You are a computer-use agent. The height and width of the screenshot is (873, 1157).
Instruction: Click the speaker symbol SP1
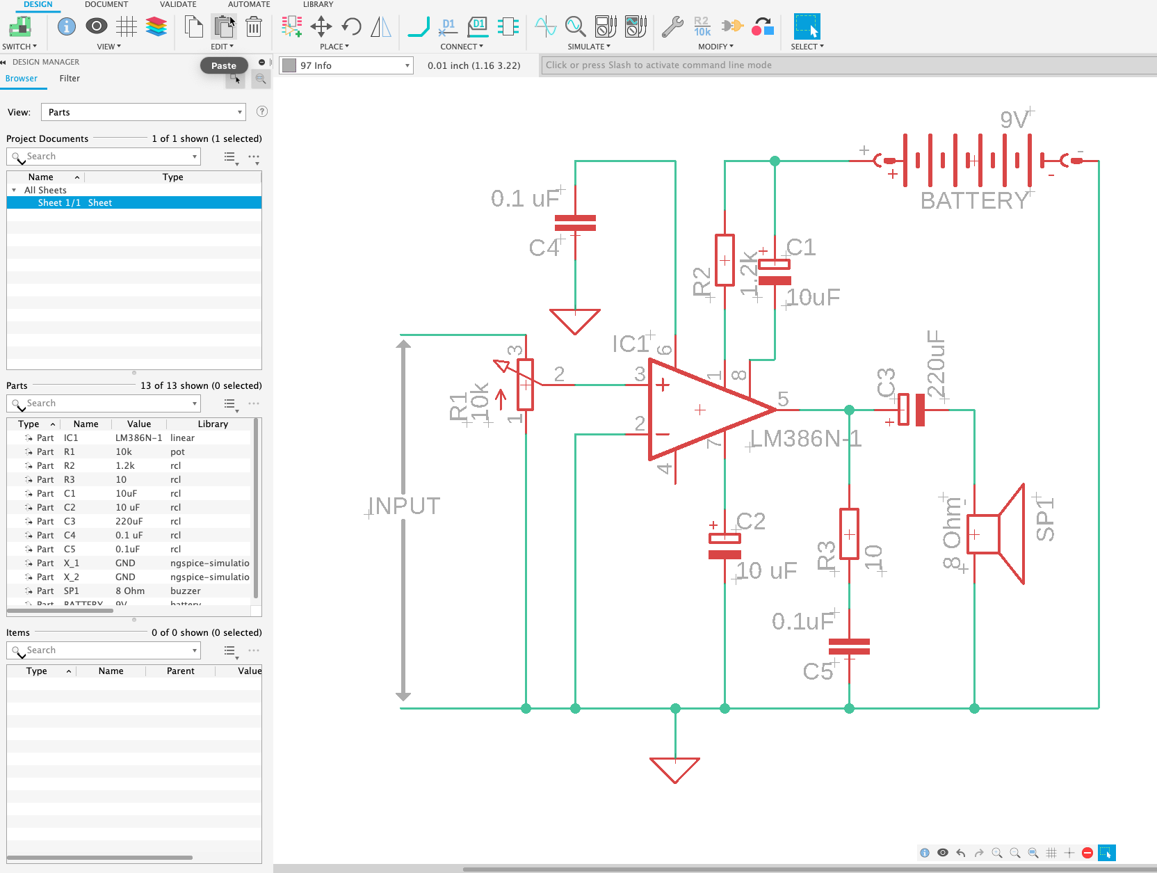(994, 534)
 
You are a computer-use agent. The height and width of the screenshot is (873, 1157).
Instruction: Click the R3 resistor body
(849, 534)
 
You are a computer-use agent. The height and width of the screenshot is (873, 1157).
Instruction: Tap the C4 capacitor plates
(575, 223)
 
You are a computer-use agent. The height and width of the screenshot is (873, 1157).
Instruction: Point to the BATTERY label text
(973, 200)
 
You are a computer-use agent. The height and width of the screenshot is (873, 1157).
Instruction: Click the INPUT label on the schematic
(404, 506)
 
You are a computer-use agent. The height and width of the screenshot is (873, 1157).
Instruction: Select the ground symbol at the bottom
(674, 768)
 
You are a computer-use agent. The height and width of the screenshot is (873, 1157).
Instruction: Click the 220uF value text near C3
(937, 364)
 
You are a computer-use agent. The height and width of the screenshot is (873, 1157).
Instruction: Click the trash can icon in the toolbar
(254, 27)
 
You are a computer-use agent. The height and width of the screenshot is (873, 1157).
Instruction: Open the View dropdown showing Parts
(144, 112)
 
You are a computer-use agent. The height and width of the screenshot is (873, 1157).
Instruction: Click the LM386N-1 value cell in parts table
(138, 438)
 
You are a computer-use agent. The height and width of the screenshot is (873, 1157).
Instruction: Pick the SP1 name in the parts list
(72, 591)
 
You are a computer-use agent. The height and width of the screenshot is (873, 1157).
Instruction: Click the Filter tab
(70, 79)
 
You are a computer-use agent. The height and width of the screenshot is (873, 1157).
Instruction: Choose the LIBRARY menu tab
(318, 4)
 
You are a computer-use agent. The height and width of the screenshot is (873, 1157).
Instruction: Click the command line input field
(848, 65)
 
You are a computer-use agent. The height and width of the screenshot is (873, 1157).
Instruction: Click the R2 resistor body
(725, 260)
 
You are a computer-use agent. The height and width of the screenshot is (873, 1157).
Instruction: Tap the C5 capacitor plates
(849, 646)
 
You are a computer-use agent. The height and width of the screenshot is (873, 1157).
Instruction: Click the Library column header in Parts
(213, 424)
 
